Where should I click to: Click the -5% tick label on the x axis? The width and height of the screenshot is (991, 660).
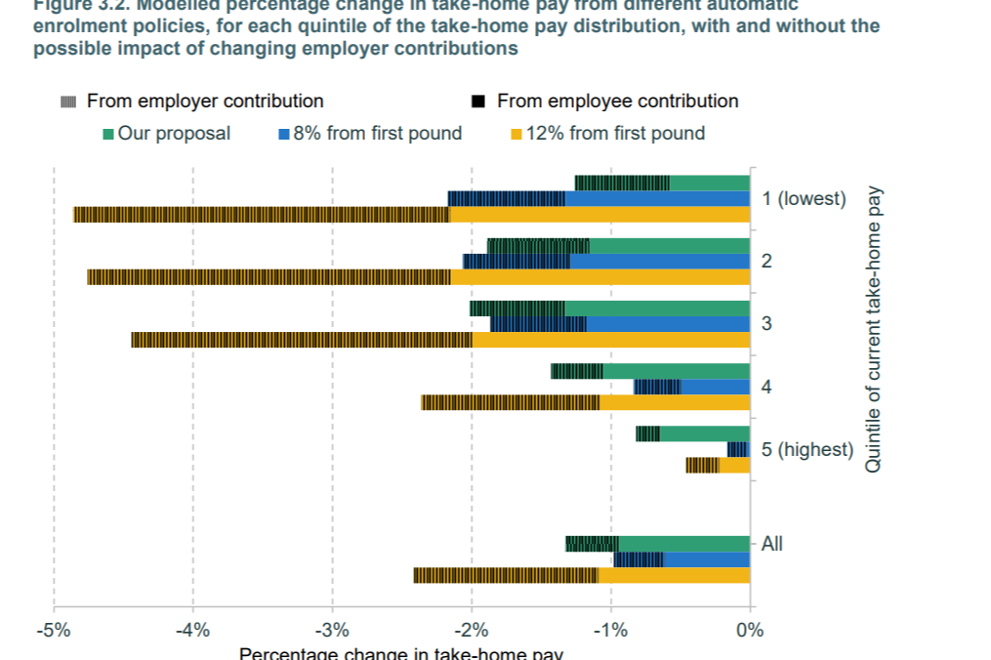[x=54, y=630]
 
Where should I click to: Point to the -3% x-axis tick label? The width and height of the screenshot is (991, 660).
[x=332, y=630]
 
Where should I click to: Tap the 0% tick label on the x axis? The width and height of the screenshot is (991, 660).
[x=750, y=630]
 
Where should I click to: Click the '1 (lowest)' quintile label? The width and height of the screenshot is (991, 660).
[x=804, y=199]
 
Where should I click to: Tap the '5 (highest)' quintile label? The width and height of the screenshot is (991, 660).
[x=807, y=450]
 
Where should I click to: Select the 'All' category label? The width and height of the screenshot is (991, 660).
[x=771, y=544]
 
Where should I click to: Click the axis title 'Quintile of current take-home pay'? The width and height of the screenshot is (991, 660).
[x=874, y=330]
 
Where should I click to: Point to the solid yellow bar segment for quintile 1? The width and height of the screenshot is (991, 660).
[x=599, y=215]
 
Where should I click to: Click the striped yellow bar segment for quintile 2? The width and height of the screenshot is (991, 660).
[x=268, y=277]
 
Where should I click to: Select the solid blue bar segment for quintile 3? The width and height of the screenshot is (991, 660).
[x=668, y=324]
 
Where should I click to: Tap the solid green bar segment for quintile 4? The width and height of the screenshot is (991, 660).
[x=676, y=371]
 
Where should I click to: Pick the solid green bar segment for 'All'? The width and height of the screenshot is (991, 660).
[x=684, y=544]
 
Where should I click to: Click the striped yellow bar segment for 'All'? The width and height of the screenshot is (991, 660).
[x=505, y=575]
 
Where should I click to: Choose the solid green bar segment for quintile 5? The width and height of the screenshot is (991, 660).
[x=704, y=433]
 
